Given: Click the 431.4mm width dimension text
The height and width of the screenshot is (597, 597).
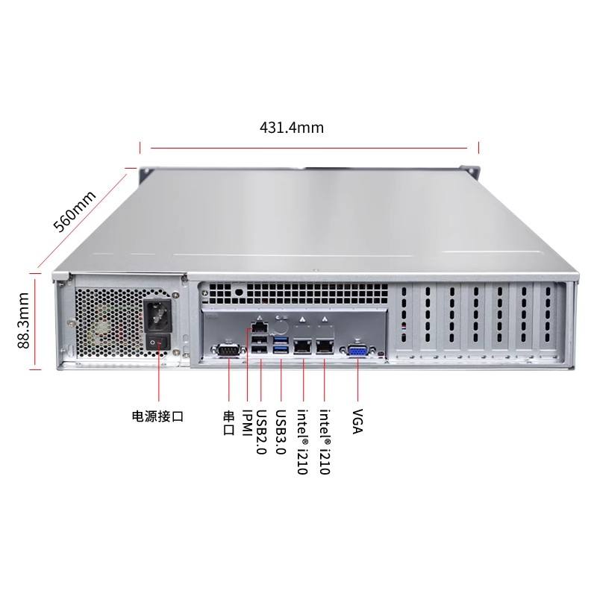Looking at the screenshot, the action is (x=291, y=128).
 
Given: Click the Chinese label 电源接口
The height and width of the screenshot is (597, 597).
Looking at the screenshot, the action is (x=157, y=416).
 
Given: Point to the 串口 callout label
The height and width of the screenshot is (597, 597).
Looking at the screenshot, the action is (x=229, y=422).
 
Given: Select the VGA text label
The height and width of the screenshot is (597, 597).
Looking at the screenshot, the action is (x=357, y=422).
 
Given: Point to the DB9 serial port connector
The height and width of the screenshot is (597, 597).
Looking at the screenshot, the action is (x=226, y=350).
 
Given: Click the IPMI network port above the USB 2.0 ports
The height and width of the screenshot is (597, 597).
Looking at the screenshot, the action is (x=259, y=327).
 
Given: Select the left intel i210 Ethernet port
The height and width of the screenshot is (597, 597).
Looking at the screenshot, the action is (x=303, y=345).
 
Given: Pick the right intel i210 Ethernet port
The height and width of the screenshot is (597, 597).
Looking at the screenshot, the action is (x=325, y=345).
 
